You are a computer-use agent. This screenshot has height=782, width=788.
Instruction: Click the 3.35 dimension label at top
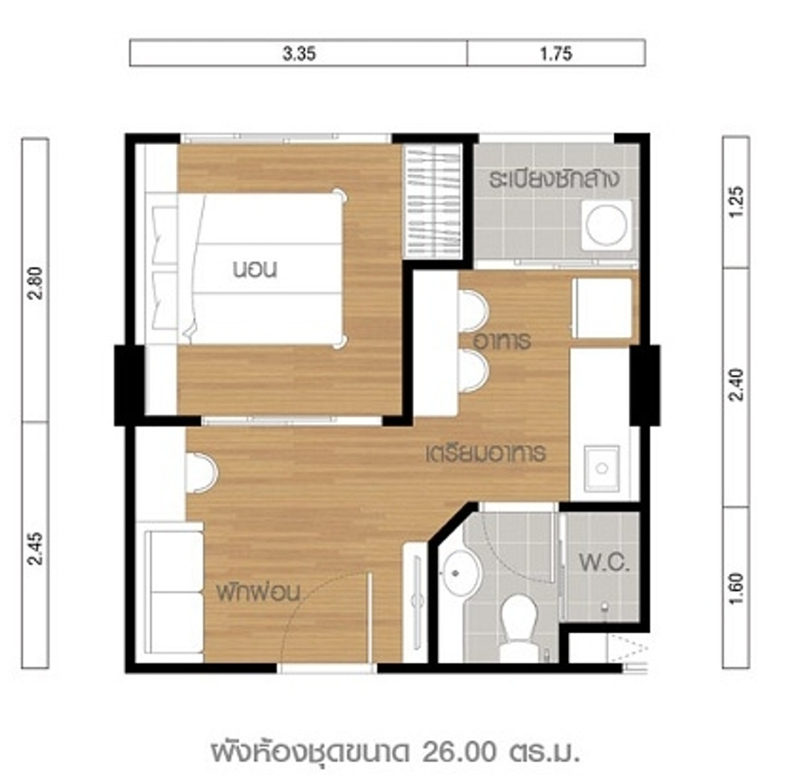(299, 54)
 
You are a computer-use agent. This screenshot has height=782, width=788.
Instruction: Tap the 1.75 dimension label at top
(556, 54)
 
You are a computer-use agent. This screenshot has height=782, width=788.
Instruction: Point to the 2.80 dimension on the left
(35, 284)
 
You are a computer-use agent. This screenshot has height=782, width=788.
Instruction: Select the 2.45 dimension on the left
(35, 548)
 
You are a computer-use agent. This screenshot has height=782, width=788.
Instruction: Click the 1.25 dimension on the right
(735, 202)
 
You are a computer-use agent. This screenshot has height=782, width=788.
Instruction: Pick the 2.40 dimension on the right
(735, 385)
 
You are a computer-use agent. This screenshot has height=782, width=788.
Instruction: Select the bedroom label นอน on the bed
(255, 270)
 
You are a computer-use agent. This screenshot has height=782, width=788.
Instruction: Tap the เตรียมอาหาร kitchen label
(486, 454)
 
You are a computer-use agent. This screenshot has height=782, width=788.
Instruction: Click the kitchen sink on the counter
(601, 468)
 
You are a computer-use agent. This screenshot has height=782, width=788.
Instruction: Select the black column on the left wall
(129, 385)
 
